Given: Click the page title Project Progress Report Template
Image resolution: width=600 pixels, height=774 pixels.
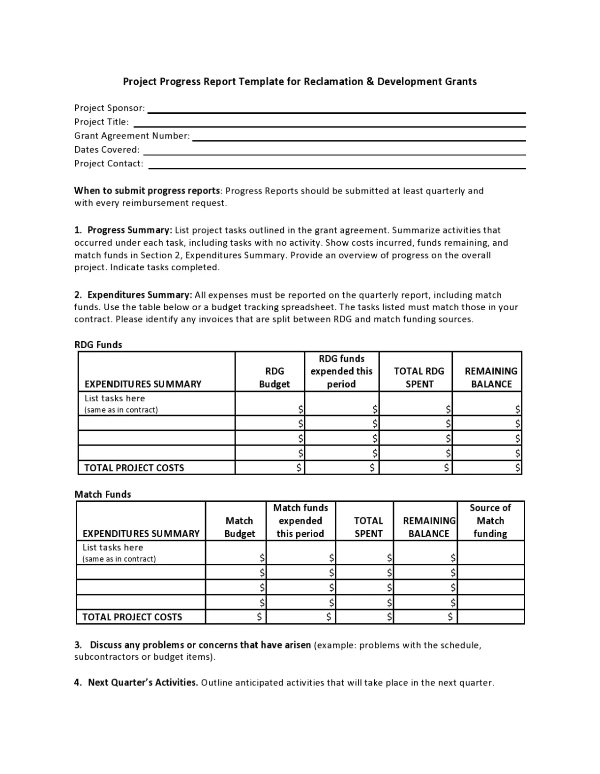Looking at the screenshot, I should click(x=300, y=81).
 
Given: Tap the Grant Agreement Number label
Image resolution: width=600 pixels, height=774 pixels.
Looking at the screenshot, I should click(x=132, y=136).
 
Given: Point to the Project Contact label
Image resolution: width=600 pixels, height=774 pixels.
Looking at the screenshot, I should click(x=109, y=163).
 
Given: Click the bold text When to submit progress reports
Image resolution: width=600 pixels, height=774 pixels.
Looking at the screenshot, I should click(x=147, y=191).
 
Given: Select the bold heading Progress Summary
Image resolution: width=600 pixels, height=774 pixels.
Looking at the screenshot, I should click(x=129, y=230).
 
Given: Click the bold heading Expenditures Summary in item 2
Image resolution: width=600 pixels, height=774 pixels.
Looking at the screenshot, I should click(x=139, y=295).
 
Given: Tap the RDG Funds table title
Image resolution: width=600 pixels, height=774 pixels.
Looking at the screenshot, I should click(x=98, y=345).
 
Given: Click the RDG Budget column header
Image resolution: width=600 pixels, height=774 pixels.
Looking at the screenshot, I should click(x=274, y=378).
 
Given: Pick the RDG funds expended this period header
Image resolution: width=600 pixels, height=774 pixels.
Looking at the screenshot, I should click(x=341, y=371).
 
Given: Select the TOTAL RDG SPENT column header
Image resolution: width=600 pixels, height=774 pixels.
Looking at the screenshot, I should click(x=419, y=378).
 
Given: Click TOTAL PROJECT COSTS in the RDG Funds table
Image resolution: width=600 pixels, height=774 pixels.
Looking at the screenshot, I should click(x=134, y=468).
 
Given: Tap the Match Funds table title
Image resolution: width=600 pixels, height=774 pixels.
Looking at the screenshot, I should click(x=103, y=494).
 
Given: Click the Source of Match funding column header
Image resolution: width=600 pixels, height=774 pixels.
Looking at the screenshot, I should click(x=490, y=520).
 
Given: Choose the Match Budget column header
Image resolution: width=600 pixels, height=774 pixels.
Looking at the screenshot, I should click(x=240, y=527).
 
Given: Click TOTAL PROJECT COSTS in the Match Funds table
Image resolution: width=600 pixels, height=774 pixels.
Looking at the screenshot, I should click(x=132, y=617).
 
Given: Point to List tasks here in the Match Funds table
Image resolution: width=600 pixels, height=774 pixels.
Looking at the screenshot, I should click(x=113, y=548).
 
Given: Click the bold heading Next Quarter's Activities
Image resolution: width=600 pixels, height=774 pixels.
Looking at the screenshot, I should click(x=143, y=682).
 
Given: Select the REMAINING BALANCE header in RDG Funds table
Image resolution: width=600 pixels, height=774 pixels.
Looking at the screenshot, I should click(x=491, y=378).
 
